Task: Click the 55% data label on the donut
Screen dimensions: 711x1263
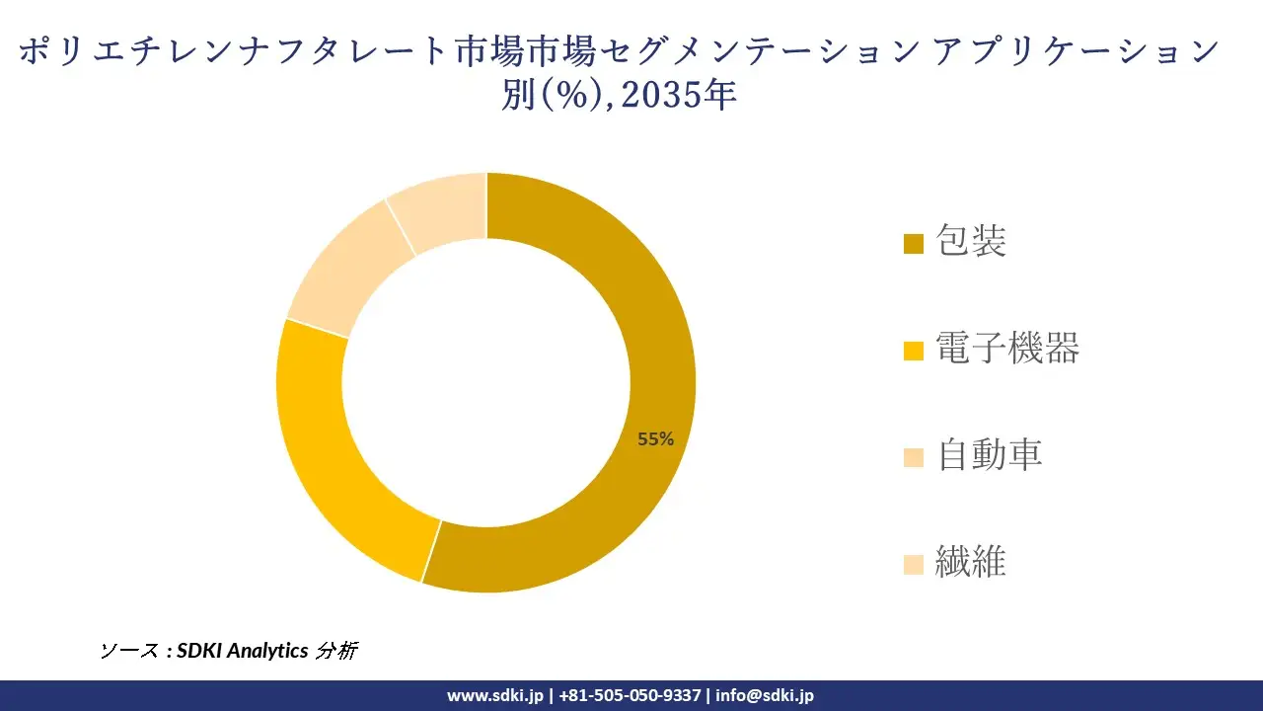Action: pyautogui.click(x=655, y=439)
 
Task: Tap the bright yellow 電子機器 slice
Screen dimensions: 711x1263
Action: pyautogui.click(x=326, y=444)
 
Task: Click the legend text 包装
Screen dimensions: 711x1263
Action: pyautogui.click(x=971, y=241)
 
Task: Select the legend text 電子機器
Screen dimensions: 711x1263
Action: pyautogui.click(x=1007, y=348)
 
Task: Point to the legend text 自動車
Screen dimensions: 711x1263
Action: pyautogui.click(x=989, y=454)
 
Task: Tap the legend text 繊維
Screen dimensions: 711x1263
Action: pyautogui.click(x=971, y=562)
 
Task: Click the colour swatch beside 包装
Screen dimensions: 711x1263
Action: pyautogui.click(x=914, y=243)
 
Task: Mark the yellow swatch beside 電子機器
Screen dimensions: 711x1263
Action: pyautogui.click(x=914, y=350)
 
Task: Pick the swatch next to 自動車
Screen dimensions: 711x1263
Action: pyautogui.click(x=914, y=456)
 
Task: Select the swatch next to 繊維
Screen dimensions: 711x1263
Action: pyautogui.click(x=914, y=564)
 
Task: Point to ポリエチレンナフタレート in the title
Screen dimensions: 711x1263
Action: pyautogui.click(x=232, y=51)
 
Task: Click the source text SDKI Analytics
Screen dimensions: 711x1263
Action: pyautogui.click(x=243, y=651)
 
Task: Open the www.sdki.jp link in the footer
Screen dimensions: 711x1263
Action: pyautogui.click(x=494, y=695)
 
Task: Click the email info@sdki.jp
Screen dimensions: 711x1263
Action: pyautogui.click(x=765, y=695)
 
